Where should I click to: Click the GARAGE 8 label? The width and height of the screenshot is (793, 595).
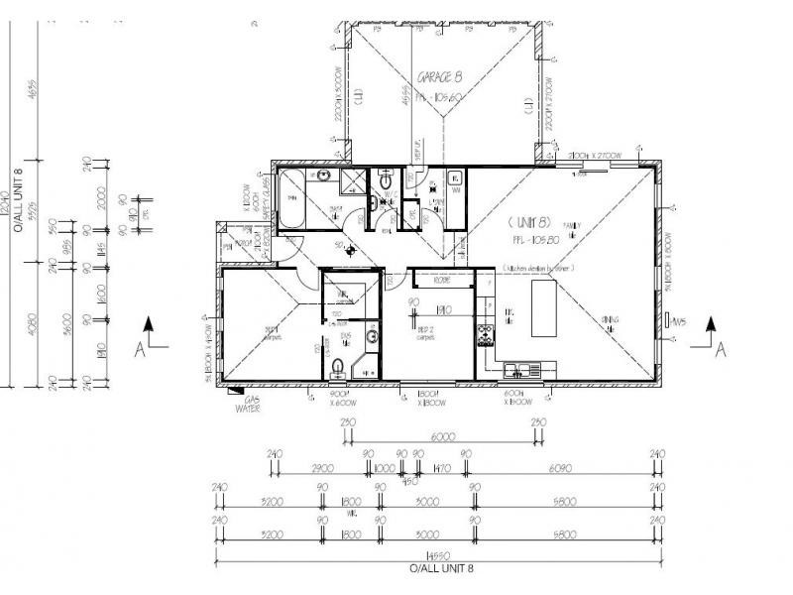[439, 76]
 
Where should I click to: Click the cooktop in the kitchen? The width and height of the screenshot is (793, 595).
[486, 336]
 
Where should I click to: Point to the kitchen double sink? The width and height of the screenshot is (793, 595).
[518, 371]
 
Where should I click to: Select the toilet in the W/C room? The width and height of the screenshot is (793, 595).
[386, 182]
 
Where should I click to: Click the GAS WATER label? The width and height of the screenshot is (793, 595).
[248, 403]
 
